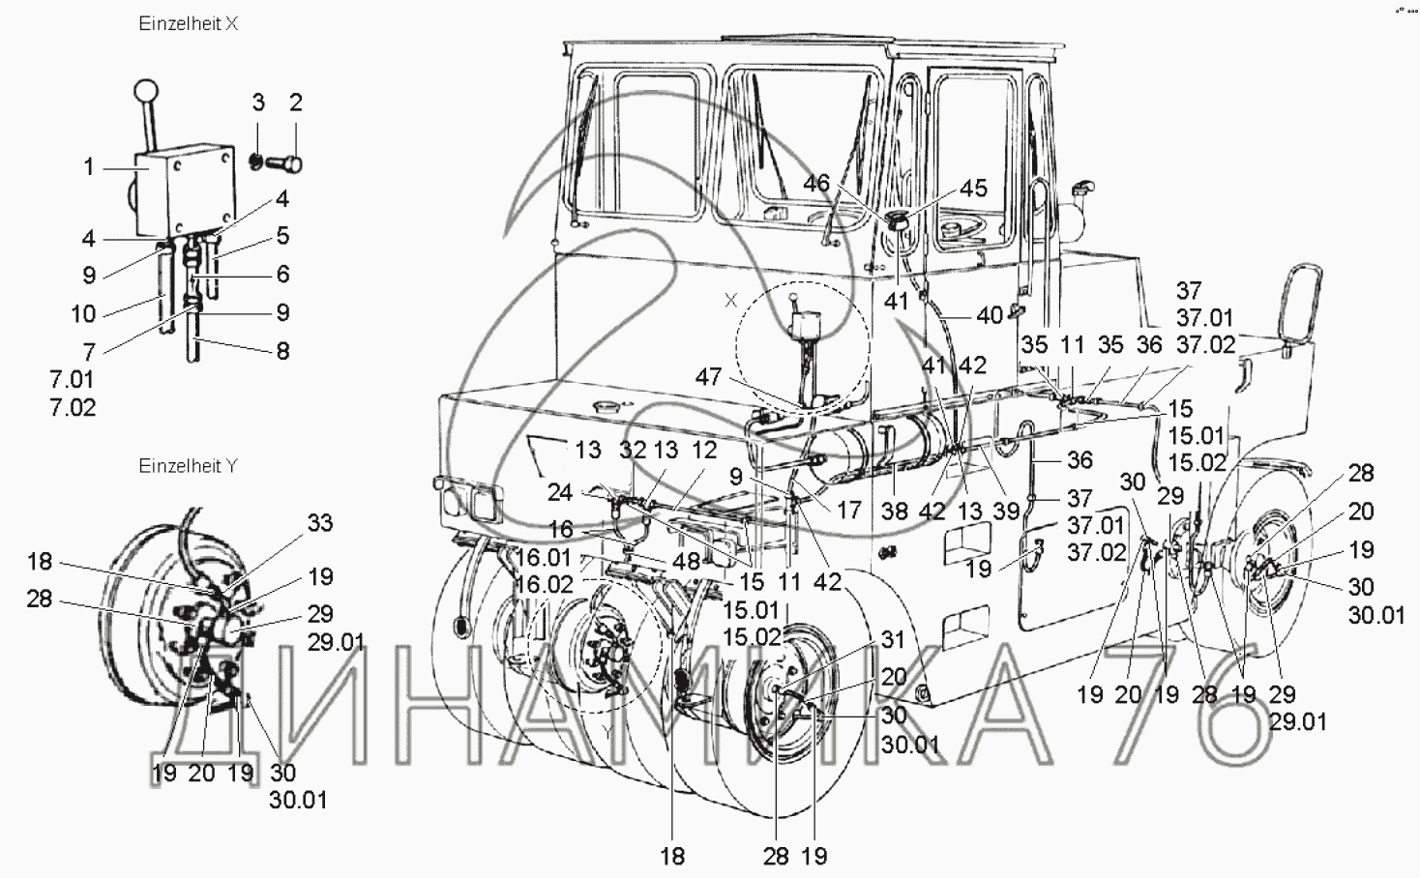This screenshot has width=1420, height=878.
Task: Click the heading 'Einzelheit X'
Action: point(189,24)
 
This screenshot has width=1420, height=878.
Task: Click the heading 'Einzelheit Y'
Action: point(189,466)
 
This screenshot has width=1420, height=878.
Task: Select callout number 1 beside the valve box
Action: point(89,168)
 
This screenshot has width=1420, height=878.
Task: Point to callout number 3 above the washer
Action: point(258,102)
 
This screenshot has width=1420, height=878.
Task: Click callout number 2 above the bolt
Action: point(296,102)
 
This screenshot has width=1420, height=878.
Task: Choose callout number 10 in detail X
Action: point(84,313)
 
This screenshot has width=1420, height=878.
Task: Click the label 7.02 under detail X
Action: point(73,407)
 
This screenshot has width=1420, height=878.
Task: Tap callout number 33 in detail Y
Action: point(320,523)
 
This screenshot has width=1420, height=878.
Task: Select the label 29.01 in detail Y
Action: point(337,642)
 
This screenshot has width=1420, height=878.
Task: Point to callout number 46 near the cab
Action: point(816,183)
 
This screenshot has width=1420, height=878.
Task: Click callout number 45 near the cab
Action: point(974,189)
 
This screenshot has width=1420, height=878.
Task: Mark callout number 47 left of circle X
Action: point(709,377)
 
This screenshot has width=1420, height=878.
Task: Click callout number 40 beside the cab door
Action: point(991,315)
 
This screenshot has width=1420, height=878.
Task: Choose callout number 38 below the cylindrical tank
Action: point(895,511)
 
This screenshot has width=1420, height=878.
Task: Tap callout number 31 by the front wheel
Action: point(893,640)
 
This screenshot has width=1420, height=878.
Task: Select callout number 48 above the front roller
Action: point(687,561)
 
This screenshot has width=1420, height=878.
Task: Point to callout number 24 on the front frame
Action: point(560,492)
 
